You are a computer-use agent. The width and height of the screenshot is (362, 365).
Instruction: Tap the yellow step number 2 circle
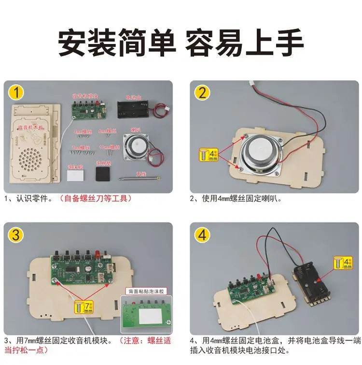click(x=203, y=92)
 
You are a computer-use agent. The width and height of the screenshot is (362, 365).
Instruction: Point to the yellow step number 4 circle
click(x=203, y=235)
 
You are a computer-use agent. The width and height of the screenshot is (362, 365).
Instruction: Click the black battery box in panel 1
click(x=134, y=107)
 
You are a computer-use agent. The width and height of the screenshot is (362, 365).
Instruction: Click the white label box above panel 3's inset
click(x=147, y=292)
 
